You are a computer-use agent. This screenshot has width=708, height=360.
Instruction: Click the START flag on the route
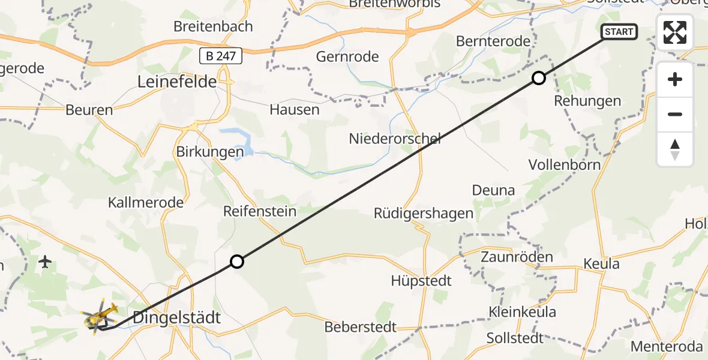click(619, 32)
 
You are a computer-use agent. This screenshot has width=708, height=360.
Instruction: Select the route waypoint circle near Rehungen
click(539, 78)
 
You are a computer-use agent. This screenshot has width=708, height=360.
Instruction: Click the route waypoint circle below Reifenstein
click(237, 262)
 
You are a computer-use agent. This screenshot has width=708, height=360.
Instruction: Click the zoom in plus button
click(675, 79)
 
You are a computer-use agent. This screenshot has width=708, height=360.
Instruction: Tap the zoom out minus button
click(675, 114)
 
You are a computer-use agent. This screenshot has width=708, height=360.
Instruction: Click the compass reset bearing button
click(675, 149)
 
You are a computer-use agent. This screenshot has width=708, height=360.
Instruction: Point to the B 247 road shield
click(221, 56)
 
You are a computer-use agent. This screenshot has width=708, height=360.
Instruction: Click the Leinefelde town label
click(177, 82)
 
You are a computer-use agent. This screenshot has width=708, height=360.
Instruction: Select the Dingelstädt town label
click(176, 317)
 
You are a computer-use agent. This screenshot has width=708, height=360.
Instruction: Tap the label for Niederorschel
click(395, 139)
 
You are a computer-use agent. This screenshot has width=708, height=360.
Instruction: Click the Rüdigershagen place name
click(424, 213)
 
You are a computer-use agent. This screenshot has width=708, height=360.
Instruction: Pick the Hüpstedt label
click(421, 280)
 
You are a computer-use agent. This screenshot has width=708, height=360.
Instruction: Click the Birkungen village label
click(210, 152)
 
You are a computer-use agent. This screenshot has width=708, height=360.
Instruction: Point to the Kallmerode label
click(146, 202)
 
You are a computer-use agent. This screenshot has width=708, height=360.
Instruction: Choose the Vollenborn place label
click(565, 164)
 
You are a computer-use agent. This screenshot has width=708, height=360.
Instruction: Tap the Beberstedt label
click(361, 327)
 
